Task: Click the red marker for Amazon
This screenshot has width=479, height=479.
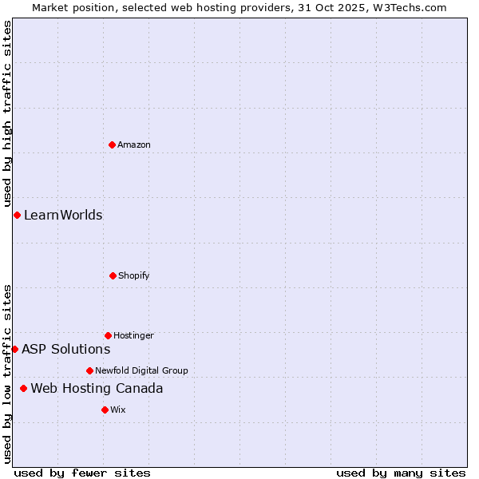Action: (112, 144)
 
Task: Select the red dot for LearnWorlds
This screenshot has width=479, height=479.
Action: (17, 215)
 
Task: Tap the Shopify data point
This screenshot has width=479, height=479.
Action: (113, 275)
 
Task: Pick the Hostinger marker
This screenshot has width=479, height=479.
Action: (108, 335)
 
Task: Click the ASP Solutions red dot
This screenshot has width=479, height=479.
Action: (14, 349)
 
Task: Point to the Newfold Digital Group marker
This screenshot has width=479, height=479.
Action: (89, 370)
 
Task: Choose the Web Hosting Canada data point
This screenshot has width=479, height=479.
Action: (23, 388)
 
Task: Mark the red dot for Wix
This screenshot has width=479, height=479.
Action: (105, 410)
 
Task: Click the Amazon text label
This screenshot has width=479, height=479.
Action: (134, 144)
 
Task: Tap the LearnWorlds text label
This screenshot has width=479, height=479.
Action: (63, 215)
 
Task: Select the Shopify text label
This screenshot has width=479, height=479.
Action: (134, 275)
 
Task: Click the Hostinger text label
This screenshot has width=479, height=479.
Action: (133, 335)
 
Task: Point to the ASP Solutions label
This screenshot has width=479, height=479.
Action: (65, 349)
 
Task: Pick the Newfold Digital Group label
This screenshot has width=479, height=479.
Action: (141, 370)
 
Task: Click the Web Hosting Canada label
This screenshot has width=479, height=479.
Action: (97, 388)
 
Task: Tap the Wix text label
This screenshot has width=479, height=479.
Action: (118, 410)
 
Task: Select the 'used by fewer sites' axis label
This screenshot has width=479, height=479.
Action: (82, 473)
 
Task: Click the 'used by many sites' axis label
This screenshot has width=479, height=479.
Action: (401, 473)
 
